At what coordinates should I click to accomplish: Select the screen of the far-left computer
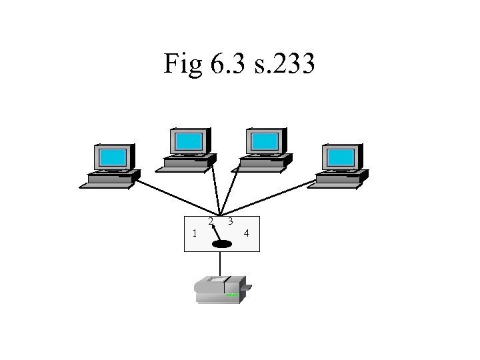(113, 158)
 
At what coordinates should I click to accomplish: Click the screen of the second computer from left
(189, 141)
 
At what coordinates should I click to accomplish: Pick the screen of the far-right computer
(341, 157)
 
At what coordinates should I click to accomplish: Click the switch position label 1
(193, 233)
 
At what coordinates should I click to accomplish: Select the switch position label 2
(210, 221)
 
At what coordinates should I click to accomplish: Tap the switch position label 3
(229, 221)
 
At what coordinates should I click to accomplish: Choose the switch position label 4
(247, 233)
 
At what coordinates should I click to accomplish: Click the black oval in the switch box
(221, 245)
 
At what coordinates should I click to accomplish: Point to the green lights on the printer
(231, 295)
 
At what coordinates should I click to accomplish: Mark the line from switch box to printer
(221, 263)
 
